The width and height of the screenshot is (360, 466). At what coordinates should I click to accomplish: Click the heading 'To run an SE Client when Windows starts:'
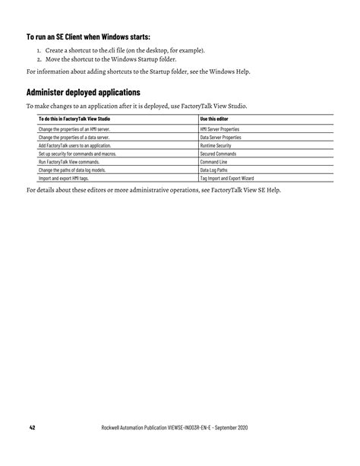coord(88,36)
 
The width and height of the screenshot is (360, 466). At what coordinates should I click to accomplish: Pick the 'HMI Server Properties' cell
coord(219,130)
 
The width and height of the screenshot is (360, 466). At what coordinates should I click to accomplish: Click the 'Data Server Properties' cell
coord(219,138)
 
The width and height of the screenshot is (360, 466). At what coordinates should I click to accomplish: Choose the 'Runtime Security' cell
coord(216,145)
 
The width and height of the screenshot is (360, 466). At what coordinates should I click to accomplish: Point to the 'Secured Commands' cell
coord(218,154)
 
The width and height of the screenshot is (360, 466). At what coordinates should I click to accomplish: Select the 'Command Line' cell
coord(213,162)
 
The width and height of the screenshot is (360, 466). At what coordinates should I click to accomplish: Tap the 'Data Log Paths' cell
coord(215,170)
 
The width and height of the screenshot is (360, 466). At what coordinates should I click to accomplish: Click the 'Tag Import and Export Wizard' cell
coord(226,178)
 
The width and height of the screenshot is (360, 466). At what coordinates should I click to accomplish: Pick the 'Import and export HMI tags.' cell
coord(64,178)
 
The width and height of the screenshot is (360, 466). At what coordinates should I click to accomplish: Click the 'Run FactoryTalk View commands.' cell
coord(68,162)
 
